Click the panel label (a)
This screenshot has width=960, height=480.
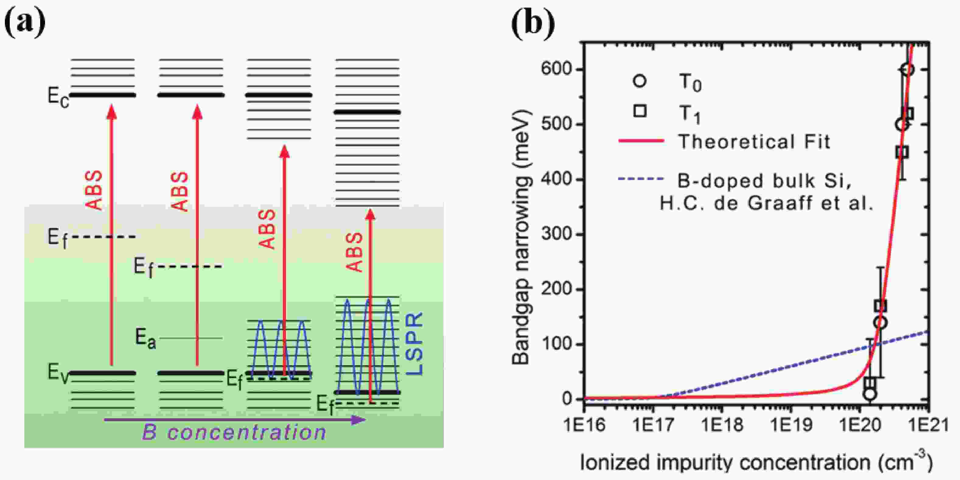click(25, 23)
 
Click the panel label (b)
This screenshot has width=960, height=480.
click(533, 23)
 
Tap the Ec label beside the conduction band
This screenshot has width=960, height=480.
click(58, 96)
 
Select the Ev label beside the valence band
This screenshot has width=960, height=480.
click(58, 373)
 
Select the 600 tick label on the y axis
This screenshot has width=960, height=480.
click(556, 69)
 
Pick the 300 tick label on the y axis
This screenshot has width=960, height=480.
click(556, 235)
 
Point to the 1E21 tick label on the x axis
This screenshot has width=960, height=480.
click(928, 425)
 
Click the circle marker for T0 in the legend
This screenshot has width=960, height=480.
click(640, 81)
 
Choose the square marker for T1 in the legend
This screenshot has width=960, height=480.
click(640, 111)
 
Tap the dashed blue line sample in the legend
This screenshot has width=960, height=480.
click(641, 179)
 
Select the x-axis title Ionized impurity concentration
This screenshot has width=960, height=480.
click(756, 462)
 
